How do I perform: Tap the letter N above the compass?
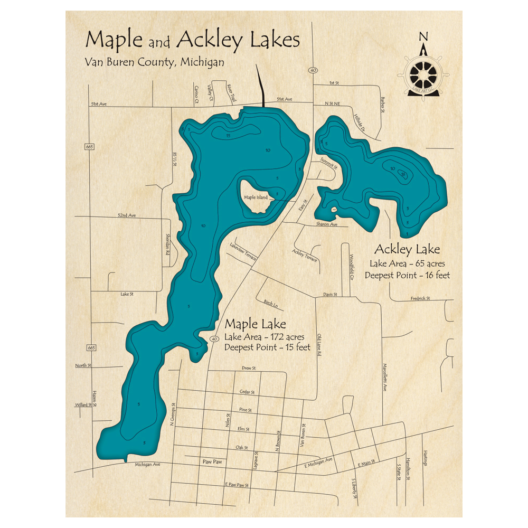[423, 36]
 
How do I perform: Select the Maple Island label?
[256, 197]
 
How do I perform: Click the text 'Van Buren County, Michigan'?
[154, 62]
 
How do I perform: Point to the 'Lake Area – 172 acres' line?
[263, 337]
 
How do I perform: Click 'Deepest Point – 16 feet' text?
[407, 275]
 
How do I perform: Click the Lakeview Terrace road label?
[243, 251]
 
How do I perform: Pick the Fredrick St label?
[420, 298]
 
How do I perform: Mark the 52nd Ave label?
[127, 215]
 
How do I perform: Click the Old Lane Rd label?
[319, 346]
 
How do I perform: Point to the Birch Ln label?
[270, 303]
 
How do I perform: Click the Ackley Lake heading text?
[407, 249]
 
